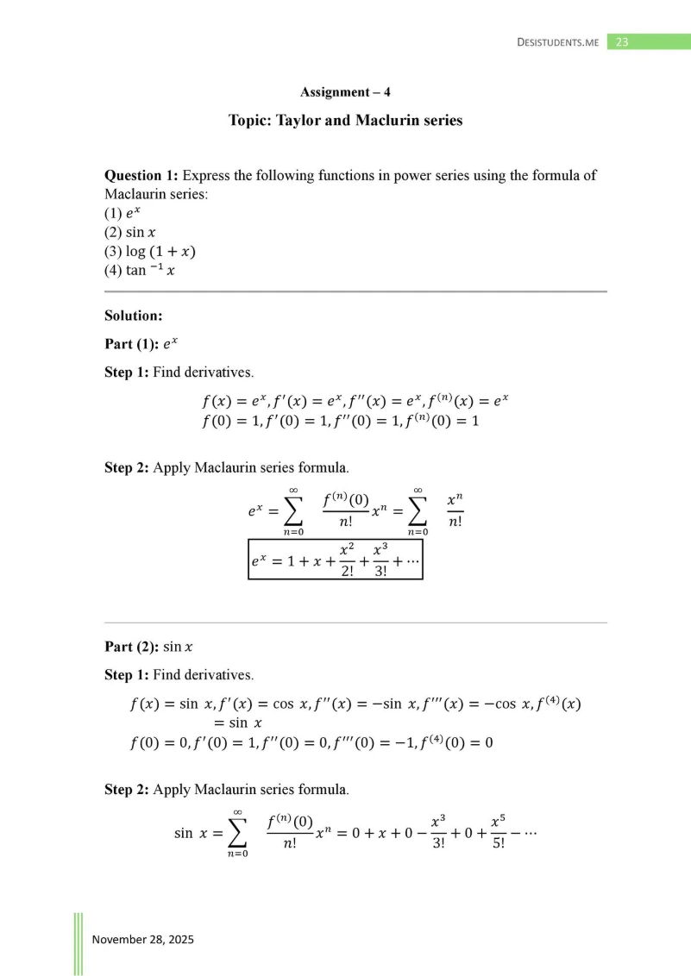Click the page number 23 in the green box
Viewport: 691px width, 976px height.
coord(623,41)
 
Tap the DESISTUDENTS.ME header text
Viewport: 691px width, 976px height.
coord(557,42)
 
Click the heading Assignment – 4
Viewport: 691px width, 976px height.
coord(345,92)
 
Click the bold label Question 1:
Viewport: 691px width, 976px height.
coord(141,175)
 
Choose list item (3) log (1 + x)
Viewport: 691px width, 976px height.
coord(149,252)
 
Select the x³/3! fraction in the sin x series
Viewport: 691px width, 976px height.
coord(437,832)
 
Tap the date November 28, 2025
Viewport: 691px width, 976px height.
coord(143,939)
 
